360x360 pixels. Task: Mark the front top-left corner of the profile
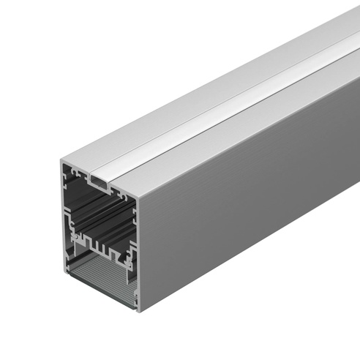tap(61, 159)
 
